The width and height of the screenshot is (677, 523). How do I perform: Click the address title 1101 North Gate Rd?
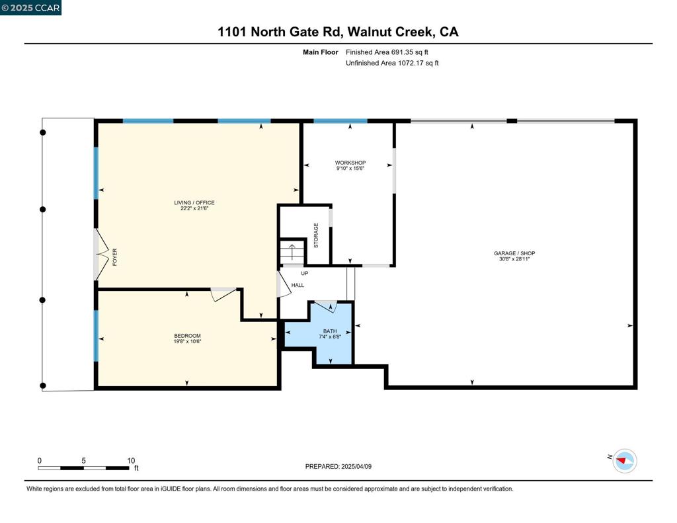[338, 32]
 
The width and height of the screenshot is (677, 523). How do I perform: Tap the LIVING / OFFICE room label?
[194, 203]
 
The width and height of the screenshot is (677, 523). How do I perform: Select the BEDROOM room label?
[187, 336]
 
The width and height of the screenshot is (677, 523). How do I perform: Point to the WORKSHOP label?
[350, 163]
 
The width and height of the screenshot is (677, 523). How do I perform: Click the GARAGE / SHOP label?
[514, 253]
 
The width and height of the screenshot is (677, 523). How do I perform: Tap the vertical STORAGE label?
[316, 235]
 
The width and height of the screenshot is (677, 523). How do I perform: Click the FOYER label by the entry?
[114, 256]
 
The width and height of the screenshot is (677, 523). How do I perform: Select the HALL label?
[298, 285]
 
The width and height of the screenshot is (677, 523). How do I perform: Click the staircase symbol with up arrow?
[292, 252]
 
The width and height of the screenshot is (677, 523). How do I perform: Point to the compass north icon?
[624, 460]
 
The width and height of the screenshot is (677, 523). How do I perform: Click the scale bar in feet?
[84, 467]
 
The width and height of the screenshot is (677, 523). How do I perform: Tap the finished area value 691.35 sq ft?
[391, 52]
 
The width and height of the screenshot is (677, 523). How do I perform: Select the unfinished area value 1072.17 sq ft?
[392, 63]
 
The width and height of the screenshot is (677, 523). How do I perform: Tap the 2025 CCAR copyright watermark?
[30, 8]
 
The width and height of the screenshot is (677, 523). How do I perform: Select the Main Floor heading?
[320, 52]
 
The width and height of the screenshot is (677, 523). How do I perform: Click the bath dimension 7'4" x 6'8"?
[330, 337]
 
